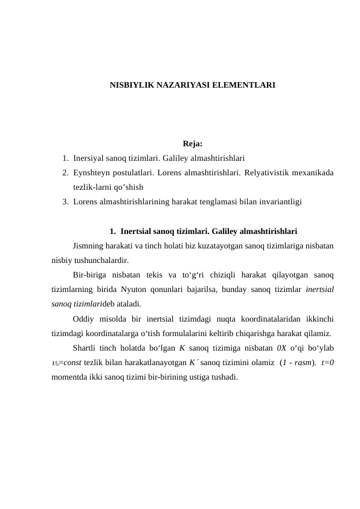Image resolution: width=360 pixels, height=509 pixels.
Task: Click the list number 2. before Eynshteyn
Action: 65,173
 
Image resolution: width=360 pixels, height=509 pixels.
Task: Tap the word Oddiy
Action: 83,318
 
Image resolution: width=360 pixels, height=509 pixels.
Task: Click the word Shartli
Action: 85,348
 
